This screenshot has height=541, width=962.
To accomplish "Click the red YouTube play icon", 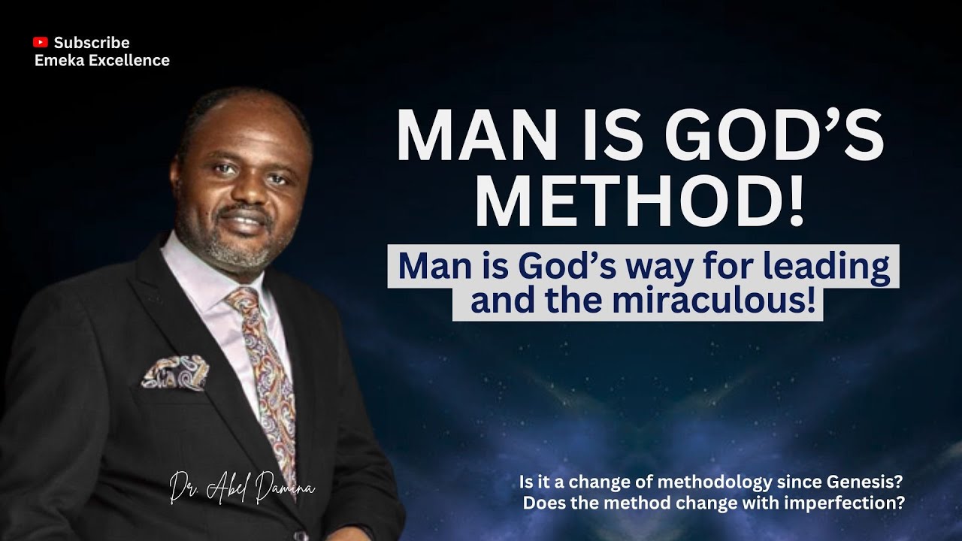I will pyautogui.click(x=41, y=43).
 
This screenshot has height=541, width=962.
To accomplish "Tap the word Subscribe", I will pyautogui.click(x=92, y=43).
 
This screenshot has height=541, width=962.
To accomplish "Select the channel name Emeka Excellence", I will pyautogui.click(x=102, y=61).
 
